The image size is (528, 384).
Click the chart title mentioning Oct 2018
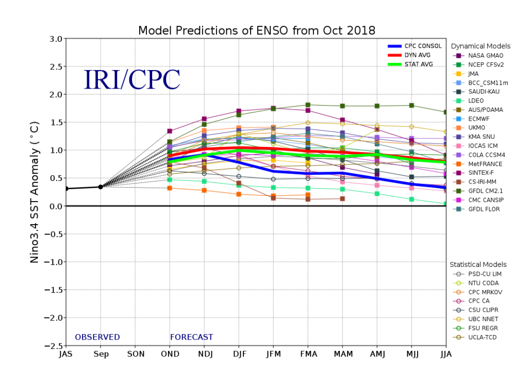257,30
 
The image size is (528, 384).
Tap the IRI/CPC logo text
132,80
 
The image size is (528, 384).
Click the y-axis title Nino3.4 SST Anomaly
35,192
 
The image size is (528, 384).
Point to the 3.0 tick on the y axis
55,39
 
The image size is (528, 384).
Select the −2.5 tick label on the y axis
53,346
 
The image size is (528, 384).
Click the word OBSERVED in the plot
97,337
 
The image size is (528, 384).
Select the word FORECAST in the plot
191,337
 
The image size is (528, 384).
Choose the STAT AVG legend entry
418,64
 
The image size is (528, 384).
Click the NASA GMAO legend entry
485,56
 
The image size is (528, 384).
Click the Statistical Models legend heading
478,264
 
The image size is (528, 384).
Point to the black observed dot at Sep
101,187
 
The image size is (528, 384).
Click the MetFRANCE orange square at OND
170,188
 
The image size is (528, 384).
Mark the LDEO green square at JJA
445,204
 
